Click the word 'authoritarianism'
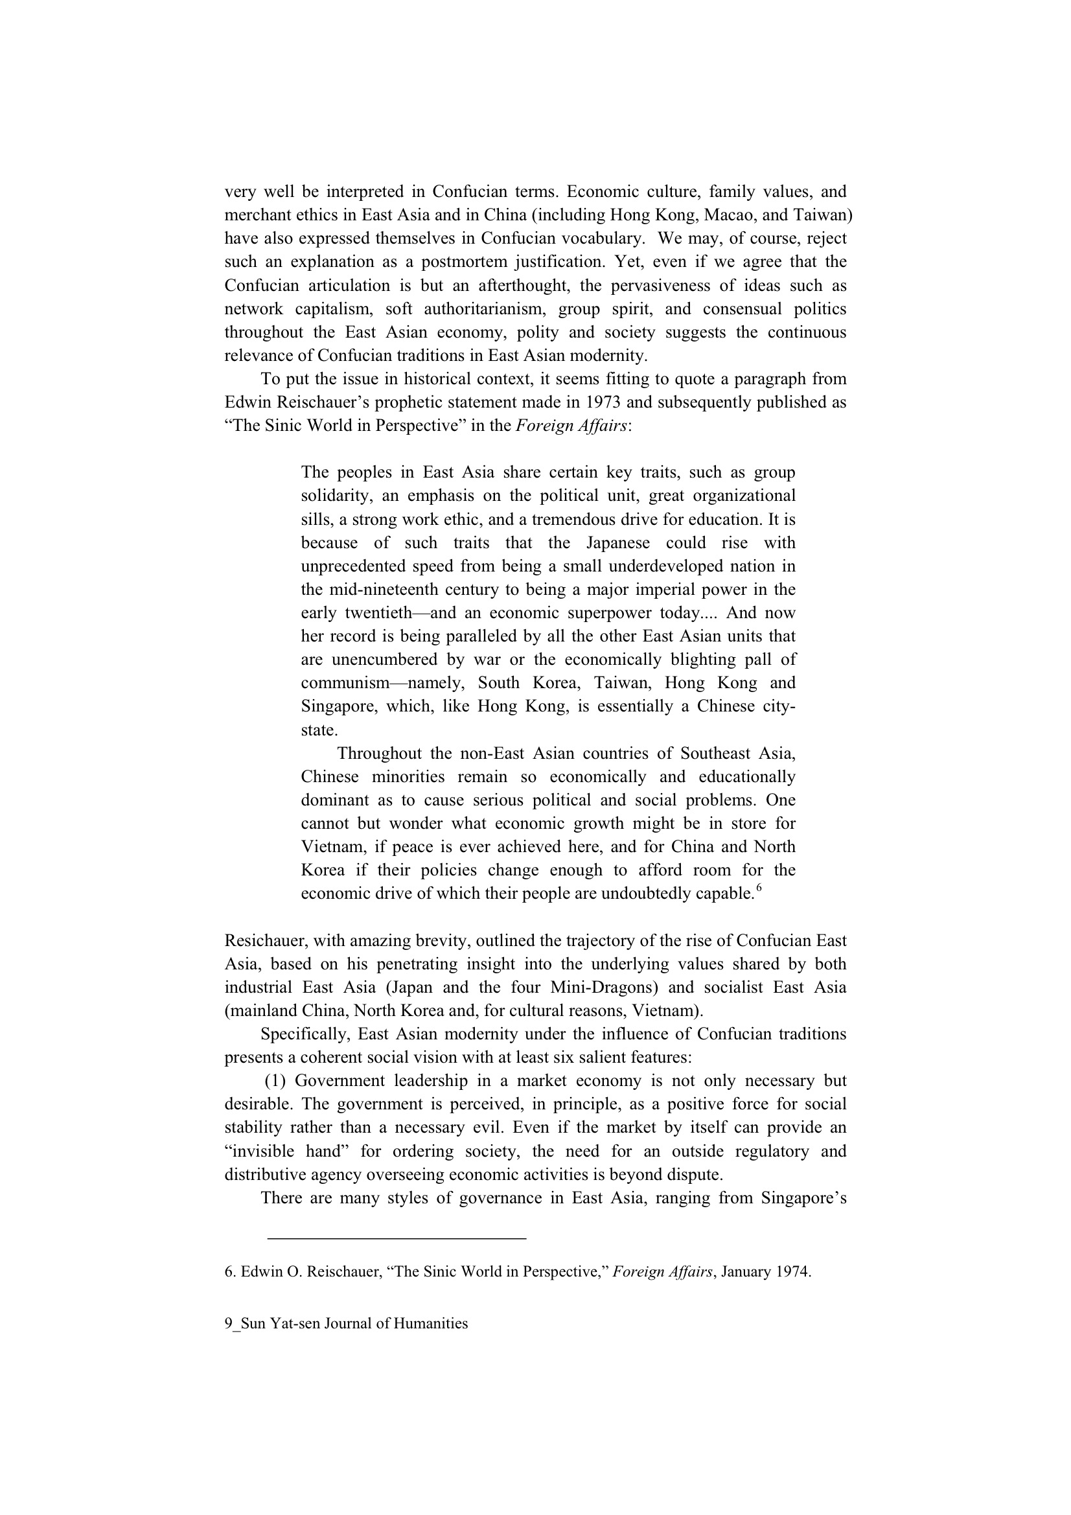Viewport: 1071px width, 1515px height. (485, 309)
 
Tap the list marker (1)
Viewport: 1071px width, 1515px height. (275, 1081)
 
